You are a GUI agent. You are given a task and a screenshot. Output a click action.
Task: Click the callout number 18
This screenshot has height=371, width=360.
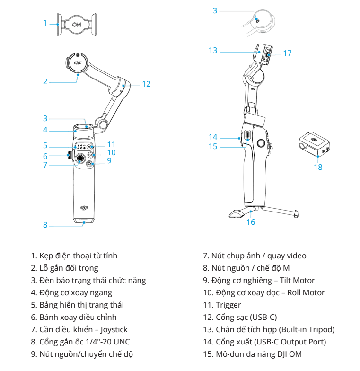tap(318, 167)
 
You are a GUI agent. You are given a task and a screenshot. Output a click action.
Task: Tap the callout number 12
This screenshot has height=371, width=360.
tap(146, 84)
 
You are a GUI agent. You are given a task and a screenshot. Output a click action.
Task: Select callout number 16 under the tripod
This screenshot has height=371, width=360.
tap(251, 221)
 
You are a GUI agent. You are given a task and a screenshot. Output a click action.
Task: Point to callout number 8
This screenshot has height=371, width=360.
tap(45, 225)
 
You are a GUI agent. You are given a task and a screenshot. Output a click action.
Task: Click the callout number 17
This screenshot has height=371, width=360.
tap(288, 53)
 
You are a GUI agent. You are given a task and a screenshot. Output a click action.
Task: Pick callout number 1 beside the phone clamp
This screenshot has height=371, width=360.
tap(45, 22)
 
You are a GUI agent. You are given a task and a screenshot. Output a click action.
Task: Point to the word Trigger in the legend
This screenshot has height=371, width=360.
tap(228, 305)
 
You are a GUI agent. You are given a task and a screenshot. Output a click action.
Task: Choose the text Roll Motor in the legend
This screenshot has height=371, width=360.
tap(303, 292)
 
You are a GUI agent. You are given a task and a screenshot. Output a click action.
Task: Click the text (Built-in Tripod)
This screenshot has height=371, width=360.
tap(305, 329)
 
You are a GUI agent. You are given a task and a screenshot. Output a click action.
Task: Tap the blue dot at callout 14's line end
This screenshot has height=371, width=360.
tap(239, 138)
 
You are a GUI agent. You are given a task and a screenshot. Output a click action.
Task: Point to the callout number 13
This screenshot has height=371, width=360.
tap(212, 50)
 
